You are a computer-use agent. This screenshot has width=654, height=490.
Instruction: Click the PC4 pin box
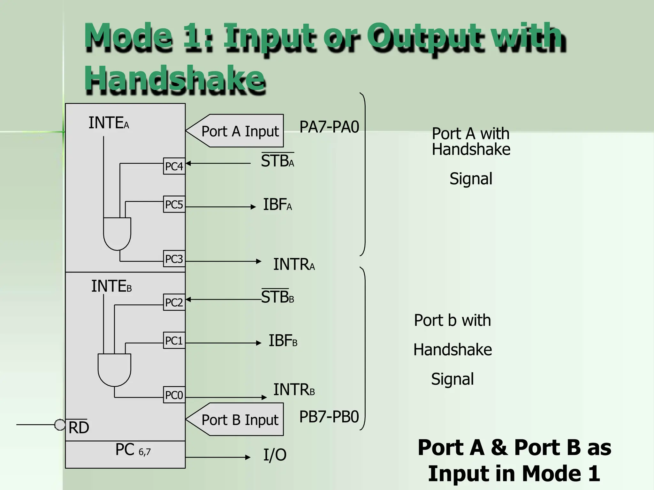[174, 166]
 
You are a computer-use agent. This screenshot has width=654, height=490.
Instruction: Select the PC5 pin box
[174, 204]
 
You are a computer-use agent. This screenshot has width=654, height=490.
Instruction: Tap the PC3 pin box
[174, 259]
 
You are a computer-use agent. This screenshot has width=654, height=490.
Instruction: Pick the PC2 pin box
[174, 302]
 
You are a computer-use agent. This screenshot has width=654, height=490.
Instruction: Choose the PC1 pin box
[174, 340]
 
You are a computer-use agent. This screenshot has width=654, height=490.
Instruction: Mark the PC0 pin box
[174, 395]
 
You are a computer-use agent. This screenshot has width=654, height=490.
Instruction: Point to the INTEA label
[109, 123]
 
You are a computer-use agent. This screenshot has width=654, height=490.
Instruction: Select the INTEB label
[111, 286]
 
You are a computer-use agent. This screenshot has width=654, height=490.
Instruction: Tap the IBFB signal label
[283, 341]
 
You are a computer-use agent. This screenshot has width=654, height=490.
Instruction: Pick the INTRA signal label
[294, 264]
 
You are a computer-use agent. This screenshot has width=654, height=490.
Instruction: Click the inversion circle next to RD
[60, 425]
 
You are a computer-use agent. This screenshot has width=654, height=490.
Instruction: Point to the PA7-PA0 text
[329, 127]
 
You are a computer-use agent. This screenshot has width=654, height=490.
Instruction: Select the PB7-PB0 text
[329, 417]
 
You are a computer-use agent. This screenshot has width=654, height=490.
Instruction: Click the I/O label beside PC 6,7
[275, 455]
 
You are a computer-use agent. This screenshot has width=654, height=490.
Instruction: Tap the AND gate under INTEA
[117, 234]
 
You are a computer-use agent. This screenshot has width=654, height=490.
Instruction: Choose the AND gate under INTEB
[114, 370]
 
